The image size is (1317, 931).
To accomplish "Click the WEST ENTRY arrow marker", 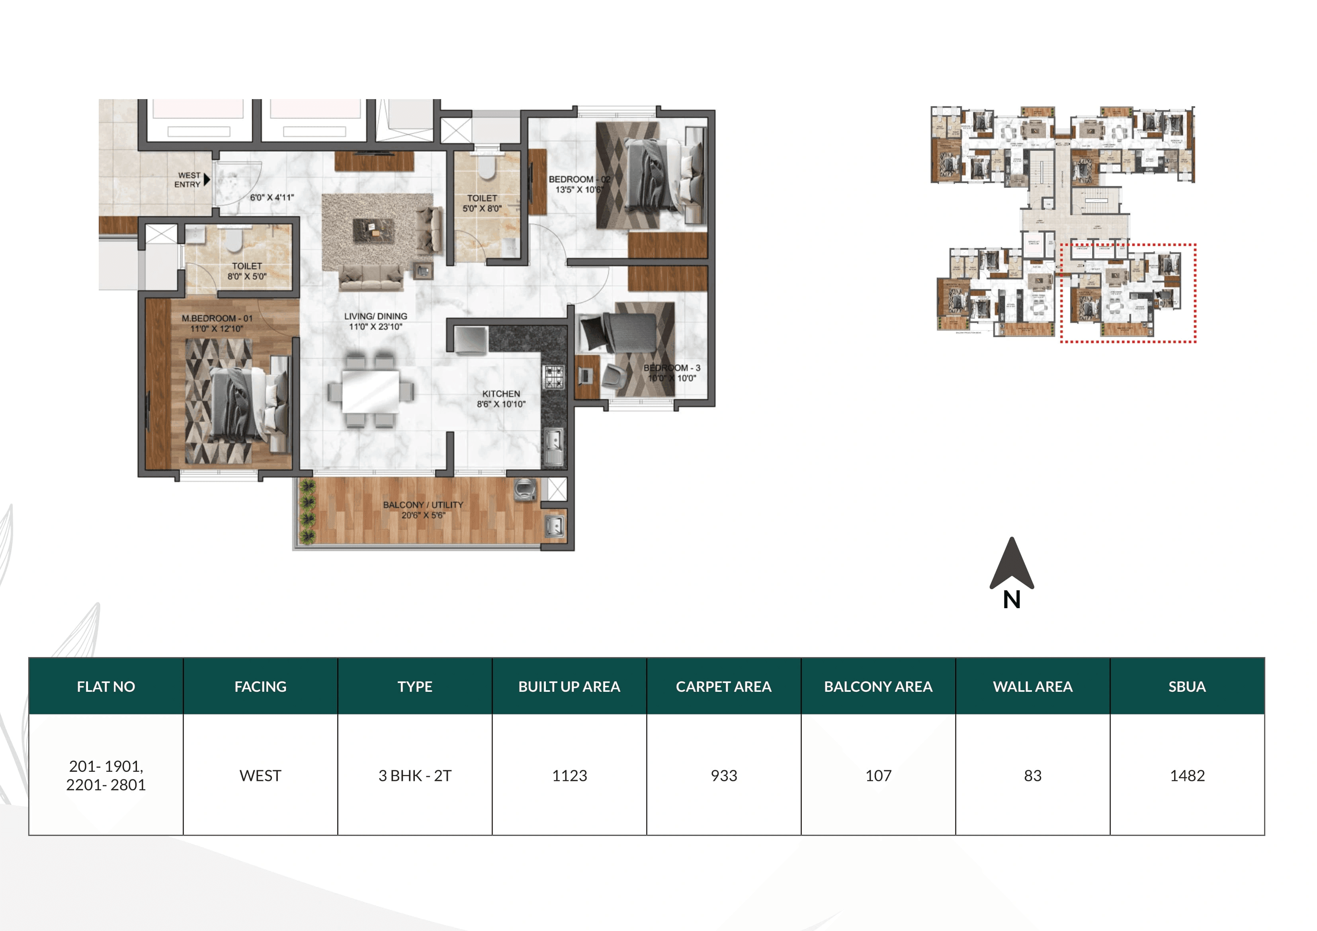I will tap(207, 180).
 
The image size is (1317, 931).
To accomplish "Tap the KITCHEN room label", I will tap(501, 394).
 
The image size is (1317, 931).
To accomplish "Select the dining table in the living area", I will tap(371, 391).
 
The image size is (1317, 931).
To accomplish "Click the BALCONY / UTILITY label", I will tap(423, 505).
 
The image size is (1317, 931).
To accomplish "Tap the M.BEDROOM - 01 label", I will tap(217, 318).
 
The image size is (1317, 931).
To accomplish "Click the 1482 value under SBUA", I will tap(1187, 775).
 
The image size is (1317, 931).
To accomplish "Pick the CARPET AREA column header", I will tap(723, 687).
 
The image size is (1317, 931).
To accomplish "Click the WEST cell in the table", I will tap(260, 775).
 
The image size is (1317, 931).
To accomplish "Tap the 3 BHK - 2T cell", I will tap(415, 775).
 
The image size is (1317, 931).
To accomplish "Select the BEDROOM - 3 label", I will tap(671, 368).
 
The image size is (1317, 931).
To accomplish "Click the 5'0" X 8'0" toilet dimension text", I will tap(482, 209).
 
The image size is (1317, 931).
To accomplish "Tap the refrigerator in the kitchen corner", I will tap(471, 340).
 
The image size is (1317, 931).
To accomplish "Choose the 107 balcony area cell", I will tap(878, 775).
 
